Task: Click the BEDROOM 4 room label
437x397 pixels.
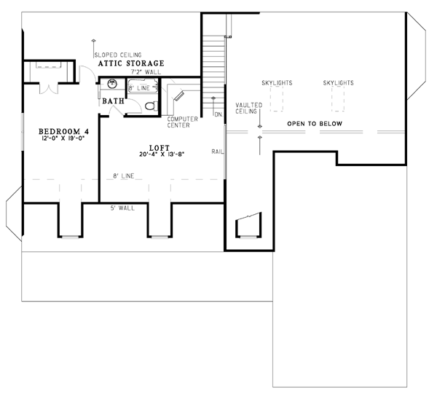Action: click(x=63, y=131)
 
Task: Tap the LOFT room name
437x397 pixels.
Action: click(x=160, y=148)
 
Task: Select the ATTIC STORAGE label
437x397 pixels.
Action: click(x=131, y=63)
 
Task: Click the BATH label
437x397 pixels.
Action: click(x=113, y=101)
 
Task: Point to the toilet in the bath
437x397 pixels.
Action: click(x=151, y=106)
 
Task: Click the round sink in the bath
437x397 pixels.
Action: click(x=112, y=83)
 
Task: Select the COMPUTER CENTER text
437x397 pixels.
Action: click(x=183, y=122)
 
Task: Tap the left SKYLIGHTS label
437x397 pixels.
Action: click(x=277, y=83)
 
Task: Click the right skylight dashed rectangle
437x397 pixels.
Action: click(x=338, y=99)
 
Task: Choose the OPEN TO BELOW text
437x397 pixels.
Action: click(x=315, y=124)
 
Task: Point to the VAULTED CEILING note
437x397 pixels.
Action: click(x=248, y=108)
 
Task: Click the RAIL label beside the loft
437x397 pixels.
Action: click(x=217, y=152)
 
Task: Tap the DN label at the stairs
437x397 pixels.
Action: click(x=218, y=114)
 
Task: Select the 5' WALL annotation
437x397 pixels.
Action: click(x=122, y=208)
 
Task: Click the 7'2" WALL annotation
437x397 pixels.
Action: click(x=146, y=71)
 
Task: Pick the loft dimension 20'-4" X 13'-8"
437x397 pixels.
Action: click(x=162, y=154)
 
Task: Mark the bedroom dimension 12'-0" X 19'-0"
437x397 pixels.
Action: click(x=63, y=138)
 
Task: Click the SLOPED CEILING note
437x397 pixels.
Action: click(x=118, y=55)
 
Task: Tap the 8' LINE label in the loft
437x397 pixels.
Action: click(x=124, y=176)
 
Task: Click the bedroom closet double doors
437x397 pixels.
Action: click(x=49, y=88)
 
